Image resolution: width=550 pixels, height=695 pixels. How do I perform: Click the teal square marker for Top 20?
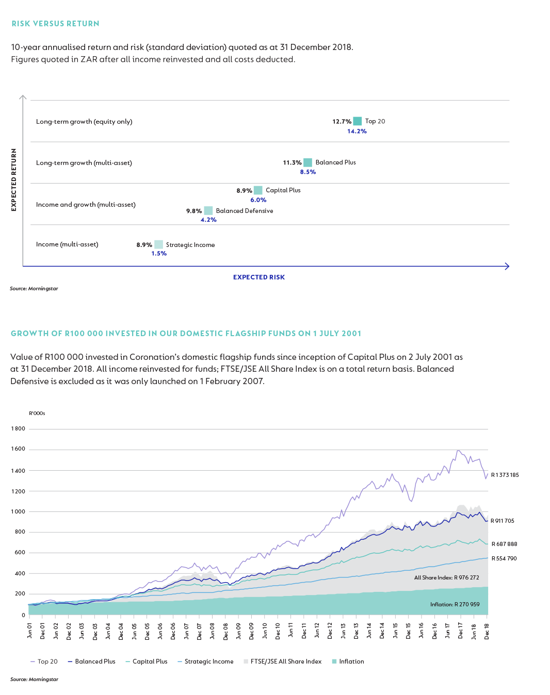point(357,121)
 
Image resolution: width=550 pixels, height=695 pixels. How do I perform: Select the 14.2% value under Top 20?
point(357,131)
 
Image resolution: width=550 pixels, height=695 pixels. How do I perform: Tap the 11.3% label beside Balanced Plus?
point(292,162)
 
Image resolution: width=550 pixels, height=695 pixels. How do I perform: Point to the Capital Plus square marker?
point(258,190)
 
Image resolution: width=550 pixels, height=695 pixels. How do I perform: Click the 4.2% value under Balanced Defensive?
point(208,220)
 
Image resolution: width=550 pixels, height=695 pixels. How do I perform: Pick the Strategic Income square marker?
point(158,245)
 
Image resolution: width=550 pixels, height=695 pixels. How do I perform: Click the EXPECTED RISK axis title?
point(258,277)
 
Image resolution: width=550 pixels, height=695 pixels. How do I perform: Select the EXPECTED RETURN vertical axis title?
point(14,180)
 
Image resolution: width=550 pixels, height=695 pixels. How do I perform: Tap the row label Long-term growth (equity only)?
point(84,122)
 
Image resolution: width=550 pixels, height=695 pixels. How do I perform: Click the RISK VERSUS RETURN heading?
point(55,24)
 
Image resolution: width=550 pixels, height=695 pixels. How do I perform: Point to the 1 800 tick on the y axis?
point(18,428)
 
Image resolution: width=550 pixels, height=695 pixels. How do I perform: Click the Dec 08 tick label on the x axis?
point(225,632)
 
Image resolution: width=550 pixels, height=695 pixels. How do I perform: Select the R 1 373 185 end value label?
point(505,475)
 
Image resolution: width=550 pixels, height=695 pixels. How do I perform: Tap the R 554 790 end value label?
point(504,558)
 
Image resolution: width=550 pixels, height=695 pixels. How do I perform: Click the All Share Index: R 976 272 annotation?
point(446,577)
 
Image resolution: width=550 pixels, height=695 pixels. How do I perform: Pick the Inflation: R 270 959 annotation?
point(455,604)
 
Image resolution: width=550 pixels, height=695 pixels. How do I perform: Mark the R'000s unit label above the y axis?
point(37,413)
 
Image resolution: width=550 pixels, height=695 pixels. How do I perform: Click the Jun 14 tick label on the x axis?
point(369,632)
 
